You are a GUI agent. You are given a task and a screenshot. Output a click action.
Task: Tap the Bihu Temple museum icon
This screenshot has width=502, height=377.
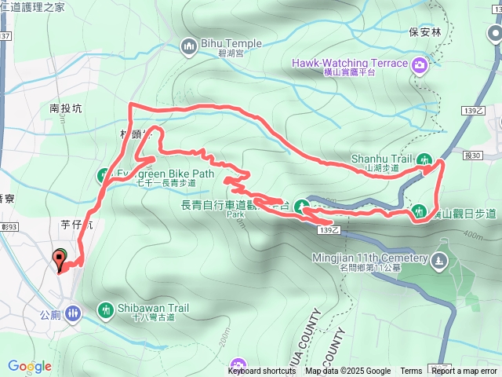tap(188, 48)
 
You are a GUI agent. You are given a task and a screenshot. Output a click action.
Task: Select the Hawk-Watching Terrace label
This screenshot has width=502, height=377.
tap(350, 63)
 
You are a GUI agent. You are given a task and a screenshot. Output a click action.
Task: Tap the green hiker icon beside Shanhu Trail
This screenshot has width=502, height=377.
tap(426, 158)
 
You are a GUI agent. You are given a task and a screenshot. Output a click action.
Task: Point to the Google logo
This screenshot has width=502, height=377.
tap(30, 366)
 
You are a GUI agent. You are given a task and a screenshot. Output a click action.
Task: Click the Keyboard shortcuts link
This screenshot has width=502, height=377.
tap(262, 372)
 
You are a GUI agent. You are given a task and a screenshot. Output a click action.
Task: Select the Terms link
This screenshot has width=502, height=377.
tap(411, 372)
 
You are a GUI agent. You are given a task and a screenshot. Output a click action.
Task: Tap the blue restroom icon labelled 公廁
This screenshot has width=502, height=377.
tap(73, 313)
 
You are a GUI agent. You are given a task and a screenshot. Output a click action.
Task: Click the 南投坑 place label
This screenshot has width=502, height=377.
tap(65, 108)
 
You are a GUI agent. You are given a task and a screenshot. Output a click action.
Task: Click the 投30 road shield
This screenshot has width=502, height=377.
tap(473, 156)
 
